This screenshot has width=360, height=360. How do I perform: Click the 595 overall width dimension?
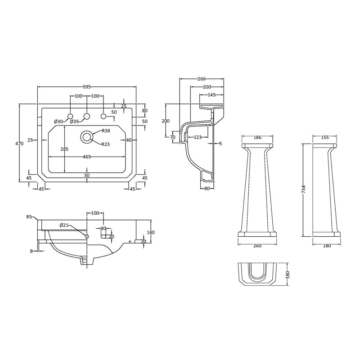87,87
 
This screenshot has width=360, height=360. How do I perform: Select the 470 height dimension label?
19,144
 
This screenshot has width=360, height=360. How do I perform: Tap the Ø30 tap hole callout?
58,121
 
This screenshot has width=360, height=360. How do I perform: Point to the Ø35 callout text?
74,121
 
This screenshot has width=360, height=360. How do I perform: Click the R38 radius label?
106,131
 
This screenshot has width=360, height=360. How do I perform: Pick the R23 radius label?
106,144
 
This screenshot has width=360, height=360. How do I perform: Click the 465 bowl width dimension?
87,157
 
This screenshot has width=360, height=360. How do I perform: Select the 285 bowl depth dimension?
64,149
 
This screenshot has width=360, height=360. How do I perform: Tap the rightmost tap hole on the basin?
103,116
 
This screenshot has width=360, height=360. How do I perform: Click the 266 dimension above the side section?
202,79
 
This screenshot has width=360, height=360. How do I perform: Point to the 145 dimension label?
211,95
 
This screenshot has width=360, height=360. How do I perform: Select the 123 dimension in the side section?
198,137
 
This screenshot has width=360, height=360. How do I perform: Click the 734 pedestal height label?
304,189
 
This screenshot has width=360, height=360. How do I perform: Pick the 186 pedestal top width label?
257,137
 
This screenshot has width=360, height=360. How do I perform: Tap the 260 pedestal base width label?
257,246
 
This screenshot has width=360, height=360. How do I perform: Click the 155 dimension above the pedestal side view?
325,137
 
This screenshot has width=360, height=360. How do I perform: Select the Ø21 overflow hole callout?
64,225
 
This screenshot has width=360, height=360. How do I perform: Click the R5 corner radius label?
29,217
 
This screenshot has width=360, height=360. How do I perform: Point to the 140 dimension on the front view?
151,232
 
